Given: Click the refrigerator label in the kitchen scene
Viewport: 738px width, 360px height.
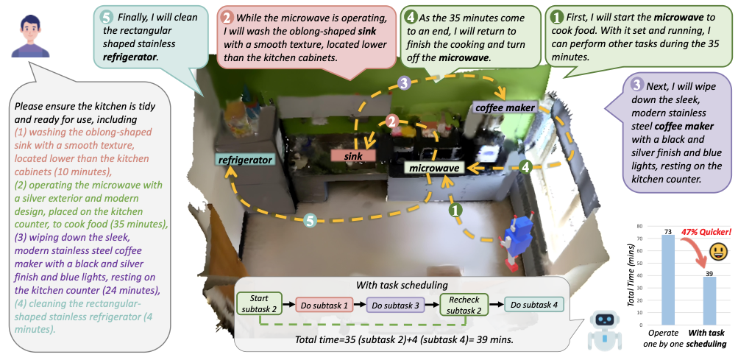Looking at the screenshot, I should (x=245, y=159).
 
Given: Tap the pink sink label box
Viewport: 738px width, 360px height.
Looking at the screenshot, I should (x=353, y=156).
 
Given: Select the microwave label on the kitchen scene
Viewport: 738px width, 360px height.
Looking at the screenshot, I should (x=434, y=169).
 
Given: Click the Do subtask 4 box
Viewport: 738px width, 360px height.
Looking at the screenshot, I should (x=535, y=304).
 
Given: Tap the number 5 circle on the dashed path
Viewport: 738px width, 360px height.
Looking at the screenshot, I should (x=312, y=219).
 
